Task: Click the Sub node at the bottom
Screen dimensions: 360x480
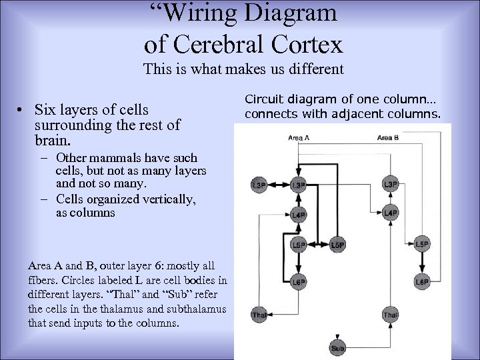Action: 338,348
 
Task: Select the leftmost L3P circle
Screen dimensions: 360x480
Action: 258,184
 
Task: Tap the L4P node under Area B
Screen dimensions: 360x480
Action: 391,213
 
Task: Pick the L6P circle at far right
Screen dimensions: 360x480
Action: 421,282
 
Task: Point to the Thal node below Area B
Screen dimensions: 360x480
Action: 391,314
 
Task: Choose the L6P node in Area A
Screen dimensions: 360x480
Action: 299,282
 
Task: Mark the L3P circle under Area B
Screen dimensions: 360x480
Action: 391,184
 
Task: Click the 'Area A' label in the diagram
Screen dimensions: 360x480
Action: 299,138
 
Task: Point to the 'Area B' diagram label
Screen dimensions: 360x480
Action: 388,138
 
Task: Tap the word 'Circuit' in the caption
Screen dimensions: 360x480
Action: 265,99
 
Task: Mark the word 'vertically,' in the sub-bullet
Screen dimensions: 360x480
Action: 168,199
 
